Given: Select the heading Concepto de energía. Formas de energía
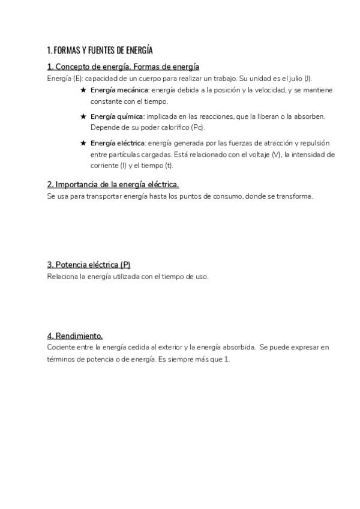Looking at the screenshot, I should (123, 67).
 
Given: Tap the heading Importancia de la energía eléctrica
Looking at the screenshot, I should (113, 184).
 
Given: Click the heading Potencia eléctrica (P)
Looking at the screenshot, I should (89, 265).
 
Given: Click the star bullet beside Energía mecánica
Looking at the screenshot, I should (83, 90).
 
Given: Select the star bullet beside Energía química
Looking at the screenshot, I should (83, 116).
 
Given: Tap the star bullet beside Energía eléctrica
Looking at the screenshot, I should (83, 143).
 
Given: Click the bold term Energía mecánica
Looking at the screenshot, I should (119, 90).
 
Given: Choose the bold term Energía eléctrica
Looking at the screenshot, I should (118, 143).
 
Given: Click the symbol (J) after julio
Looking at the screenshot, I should (307, 79).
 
